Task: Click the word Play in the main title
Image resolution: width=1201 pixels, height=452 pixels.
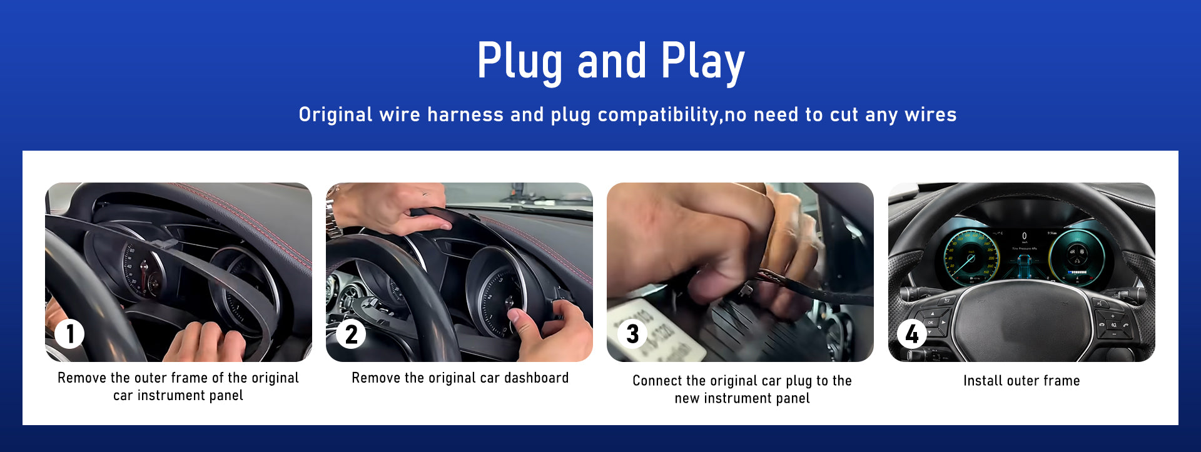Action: [x=703, y=62]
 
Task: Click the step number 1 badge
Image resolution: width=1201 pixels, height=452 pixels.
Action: [x=69, y=334]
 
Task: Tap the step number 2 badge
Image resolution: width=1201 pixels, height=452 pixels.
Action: [x=351, y=334]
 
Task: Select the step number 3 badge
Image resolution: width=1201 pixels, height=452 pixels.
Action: [x=632, y=334]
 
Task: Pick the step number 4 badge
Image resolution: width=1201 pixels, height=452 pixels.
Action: [x=912, y=334]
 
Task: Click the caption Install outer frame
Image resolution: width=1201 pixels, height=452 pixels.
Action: [x=1021, y=381]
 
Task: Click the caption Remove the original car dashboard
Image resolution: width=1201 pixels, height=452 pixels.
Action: [x=460, y=378]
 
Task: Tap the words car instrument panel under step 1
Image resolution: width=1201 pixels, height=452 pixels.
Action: [x=178, y=396]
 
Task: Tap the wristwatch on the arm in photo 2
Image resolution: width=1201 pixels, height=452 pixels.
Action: [x=334, y=220]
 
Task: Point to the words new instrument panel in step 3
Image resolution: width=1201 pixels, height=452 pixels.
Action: [x=742, y=398]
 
